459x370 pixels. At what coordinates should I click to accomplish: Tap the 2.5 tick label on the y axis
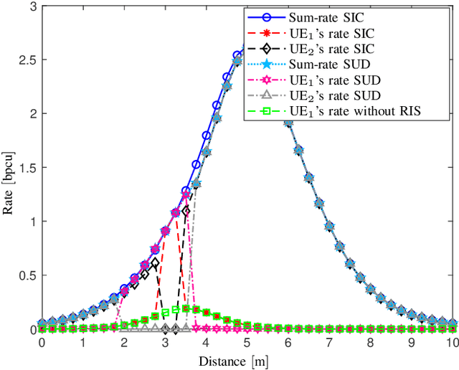26,60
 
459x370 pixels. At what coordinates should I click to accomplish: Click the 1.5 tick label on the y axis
26,168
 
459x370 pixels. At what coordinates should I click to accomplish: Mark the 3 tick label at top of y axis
31,6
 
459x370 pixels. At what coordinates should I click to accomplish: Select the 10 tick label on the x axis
451,343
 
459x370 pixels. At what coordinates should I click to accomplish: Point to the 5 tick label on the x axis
247,343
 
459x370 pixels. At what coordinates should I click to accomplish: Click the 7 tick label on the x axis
329,343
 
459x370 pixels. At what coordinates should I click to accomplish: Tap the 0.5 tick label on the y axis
26,276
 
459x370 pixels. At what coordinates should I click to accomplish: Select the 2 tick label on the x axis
124,343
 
